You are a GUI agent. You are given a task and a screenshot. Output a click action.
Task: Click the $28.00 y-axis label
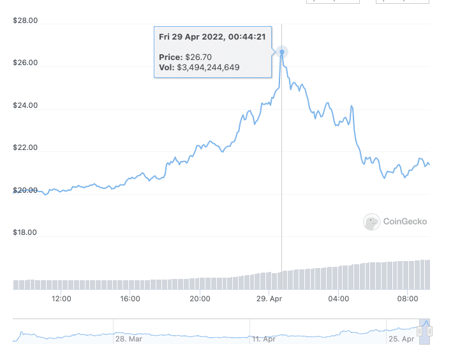(26, 20)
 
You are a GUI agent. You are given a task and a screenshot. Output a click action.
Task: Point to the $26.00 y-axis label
(26, 63)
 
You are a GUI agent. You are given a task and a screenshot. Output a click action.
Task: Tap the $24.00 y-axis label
(26, 105)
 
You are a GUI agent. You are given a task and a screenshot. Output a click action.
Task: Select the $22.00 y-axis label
(26, 148)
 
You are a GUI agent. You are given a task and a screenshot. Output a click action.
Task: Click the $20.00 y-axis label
(26, 190)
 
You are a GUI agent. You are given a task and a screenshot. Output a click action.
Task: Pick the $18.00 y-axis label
(26, 233)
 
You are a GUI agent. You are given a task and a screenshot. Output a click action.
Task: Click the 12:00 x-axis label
(61, 299)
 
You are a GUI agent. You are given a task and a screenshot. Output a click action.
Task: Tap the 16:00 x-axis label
(130, 299)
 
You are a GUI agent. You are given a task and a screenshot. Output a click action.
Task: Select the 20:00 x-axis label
(200, 299)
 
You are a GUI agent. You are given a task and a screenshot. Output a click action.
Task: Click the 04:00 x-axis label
(338, 299)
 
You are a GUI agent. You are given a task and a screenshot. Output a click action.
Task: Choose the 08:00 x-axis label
(408, 299)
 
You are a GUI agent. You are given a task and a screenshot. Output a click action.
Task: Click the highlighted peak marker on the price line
(281, 52)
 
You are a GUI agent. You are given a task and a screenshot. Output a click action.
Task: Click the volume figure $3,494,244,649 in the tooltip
(208, 67)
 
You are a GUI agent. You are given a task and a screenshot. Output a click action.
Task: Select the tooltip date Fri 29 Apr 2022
(191, 37)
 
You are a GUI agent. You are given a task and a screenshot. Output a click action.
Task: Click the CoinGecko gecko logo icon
(371, 221)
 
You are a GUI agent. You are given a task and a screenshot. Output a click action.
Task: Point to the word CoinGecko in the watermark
(405, 221)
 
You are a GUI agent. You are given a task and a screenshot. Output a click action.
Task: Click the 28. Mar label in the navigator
(128, 339)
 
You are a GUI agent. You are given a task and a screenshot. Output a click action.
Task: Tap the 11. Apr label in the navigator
(264, 339)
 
